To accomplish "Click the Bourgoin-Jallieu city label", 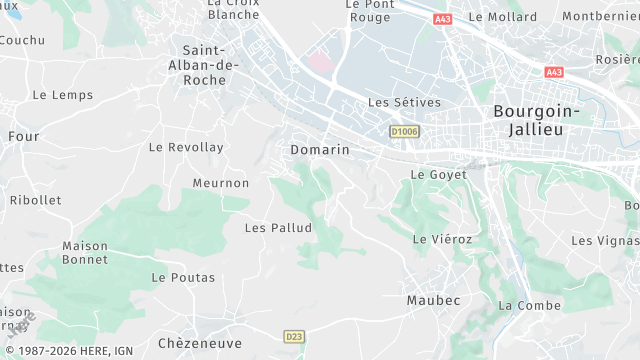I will click(x=536, y=121).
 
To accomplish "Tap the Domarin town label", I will click(x=320, y=150).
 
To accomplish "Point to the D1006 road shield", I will click(x=405, y=131).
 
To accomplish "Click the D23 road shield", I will click(x=293, y=336).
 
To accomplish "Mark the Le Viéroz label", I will click(x=442, y=239).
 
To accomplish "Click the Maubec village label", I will click(x=434, y=300).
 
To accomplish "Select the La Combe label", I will click(x=530, y=305).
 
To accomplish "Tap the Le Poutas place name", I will click(x=183, y=277).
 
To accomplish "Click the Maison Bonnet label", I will click(x=85, y=253).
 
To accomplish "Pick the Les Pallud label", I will click(x=279, y=228).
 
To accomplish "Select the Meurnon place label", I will click(x=221, y=183).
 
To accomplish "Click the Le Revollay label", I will click(x=186, y=147).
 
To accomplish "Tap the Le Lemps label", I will click(x=62, y=96).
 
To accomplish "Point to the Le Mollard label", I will click(x=502, y=17).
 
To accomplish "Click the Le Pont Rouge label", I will click(x=368, y=10).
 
